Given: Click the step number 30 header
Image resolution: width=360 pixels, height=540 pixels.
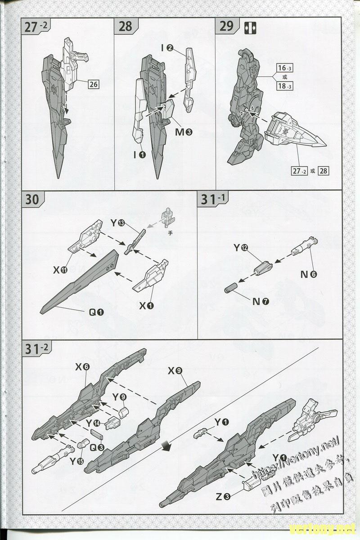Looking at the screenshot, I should (32, 199).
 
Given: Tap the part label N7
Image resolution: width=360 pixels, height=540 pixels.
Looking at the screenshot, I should (261, 301).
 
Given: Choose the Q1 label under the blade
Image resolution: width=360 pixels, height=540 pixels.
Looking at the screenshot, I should (96, 312).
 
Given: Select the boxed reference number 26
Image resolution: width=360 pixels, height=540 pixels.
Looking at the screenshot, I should (93, 84).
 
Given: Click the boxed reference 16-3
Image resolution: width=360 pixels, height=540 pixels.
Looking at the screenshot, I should (284, 68).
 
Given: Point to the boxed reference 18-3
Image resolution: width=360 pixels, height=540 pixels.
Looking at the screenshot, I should (284, 86).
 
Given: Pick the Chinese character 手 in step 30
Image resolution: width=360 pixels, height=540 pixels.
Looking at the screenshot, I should (170, 233).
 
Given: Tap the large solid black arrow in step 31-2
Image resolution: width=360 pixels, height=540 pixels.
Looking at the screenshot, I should (167, 445).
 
